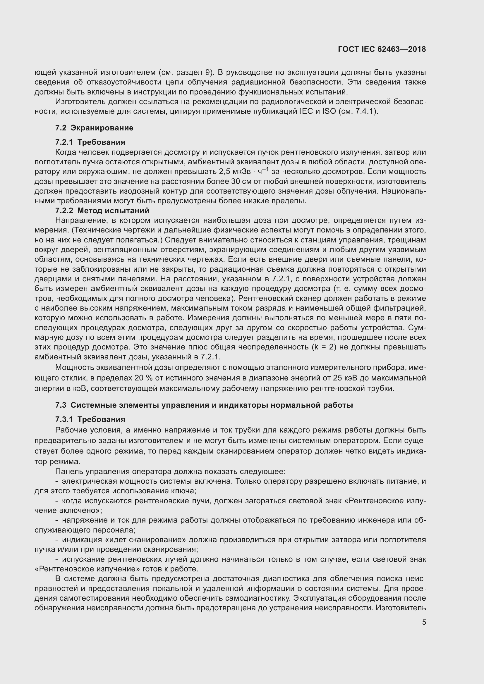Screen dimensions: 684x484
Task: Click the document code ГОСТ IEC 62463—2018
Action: pos(382,49)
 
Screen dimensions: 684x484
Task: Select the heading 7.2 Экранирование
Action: pos(94,128)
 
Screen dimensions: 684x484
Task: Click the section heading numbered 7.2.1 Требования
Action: pos(90,142)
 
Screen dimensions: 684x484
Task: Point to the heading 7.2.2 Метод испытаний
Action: pos(102,211)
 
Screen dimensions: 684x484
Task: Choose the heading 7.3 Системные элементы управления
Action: pos(204,405)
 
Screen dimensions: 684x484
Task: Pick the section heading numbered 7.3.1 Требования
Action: pos(90,419)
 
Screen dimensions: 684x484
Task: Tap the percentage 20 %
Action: pos(143,378)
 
